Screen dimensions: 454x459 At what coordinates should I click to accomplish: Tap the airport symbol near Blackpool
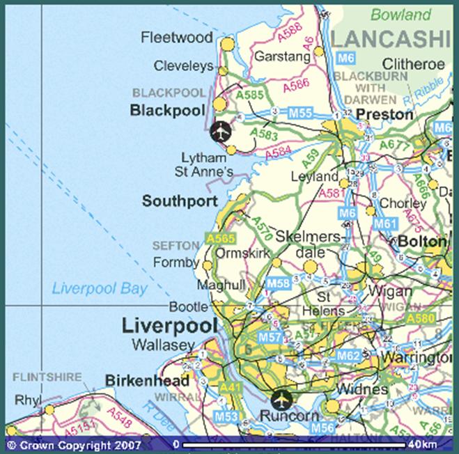(x=219, y=130)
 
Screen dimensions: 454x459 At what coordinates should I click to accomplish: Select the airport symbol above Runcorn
(x=281, y=399)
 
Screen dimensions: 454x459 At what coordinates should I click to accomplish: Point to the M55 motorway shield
(x=299, y=112)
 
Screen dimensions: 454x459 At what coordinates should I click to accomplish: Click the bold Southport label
(x=175, y=201)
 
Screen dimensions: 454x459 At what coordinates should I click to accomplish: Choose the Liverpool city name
(x=164, y=325)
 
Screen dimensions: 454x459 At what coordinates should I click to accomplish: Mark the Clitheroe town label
(x=412, y=64)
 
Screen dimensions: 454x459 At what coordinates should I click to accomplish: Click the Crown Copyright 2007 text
(x=73, y=444)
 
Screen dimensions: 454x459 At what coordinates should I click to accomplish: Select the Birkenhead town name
(x=147, y=380)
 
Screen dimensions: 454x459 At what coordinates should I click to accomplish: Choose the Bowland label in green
(x=400, y=15)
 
